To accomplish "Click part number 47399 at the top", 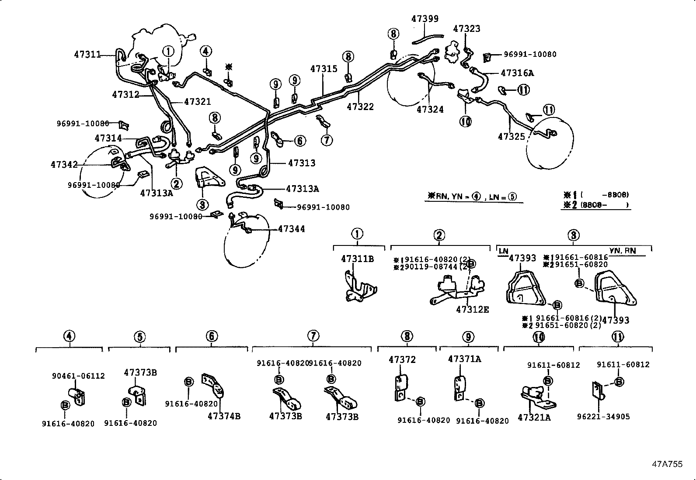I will [x=425, y=19].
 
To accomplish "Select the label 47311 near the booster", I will [x=87, y=55].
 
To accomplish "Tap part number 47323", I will [x=466, y=29].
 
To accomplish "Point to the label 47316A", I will [x=517, y=73].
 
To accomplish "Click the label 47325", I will [x=511, y=137].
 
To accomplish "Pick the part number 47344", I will [x=291, y=229].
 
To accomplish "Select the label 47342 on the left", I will [x=64, y=165].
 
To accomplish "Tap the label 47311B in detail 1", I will [x=357, y=259].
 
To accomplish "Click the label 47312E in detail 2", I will [x=472, y=310].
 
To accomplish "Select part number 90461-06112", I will [x=78, y=376].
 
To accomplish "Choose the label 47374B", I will [x=224, y=416].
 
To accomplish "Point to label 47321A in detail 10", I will [x=534, y=418].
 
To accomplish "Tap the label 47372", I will [x=402, y=360].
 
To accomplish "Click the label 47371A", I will [x=464, y=359].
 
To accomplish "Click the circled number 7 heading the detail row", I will [x=313, y=336].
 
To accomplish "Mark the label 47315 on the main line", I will [x=324, y=69].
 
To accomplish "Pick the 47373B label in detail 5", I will [x=140, y=373].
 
